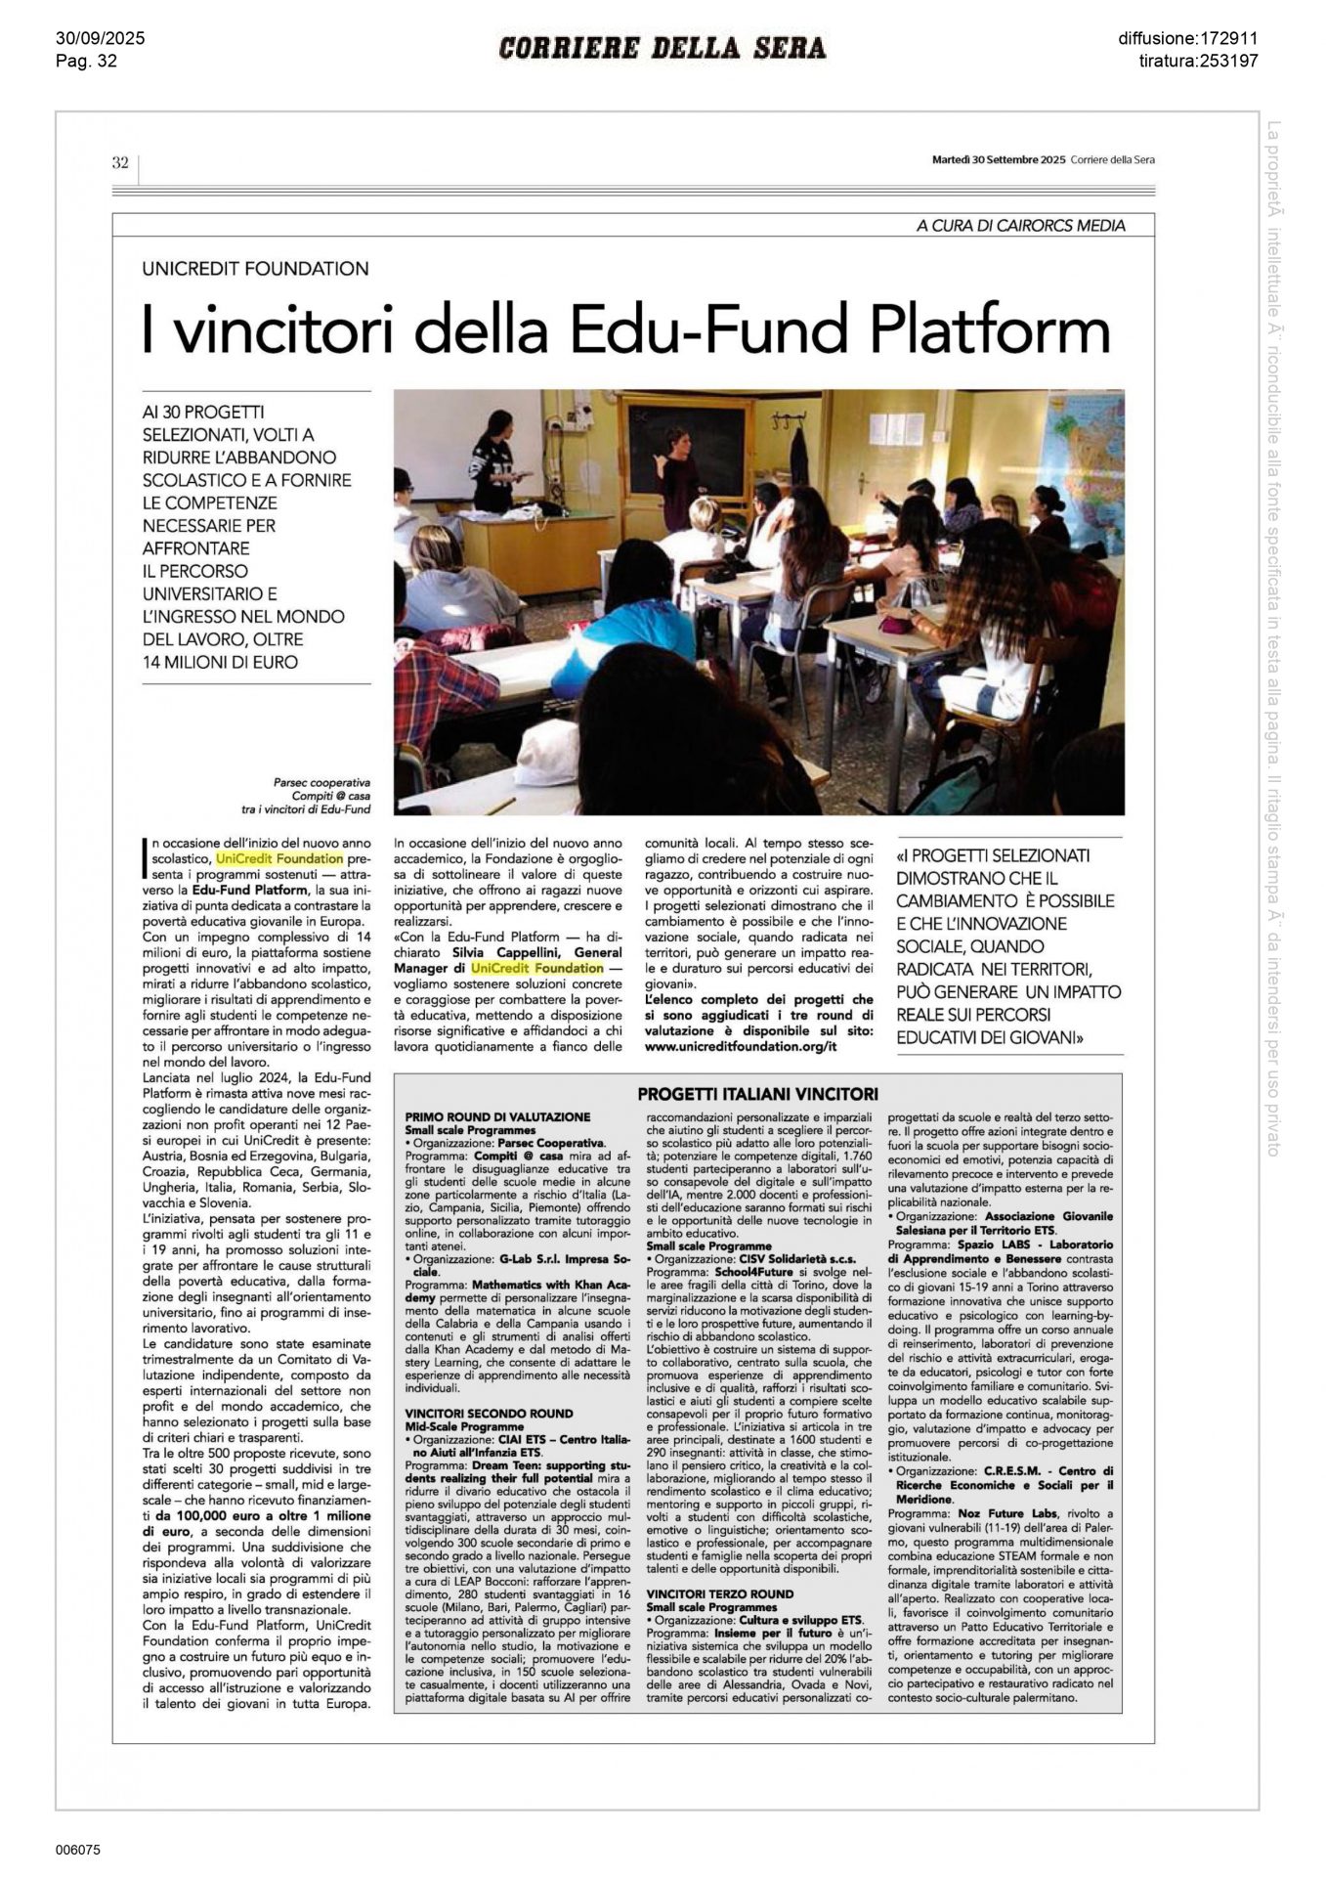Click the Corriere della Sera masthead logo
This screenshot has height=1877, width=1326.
coord(663,48)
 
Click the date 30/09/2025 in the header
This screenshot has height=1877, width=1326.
coord(100,39)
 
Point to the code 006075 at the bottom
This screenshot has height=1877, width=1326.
coord(79,1850)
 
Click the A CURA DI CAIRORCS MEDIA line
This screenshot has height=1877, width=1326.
coord(1020,226)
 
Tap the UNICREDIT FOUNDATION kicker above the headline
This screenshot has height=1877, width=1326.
coord(256,269)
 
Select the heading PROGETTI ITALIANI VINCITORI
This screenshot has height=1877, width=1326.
coord(758,1093)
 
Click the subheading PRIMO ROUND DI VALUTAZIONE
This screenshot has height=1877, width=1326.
coord(497,1116)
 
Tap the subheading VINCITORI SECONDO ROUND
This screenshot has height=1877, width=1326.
coord(489,1414)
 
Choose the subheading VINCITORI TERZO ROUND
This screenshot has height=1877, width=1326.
coord(719,1593)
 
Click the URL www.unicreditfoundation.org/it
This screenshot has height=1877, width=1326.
coord(742,1046)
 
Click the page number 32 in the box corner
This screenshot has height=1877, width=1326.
coord(120,163)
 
